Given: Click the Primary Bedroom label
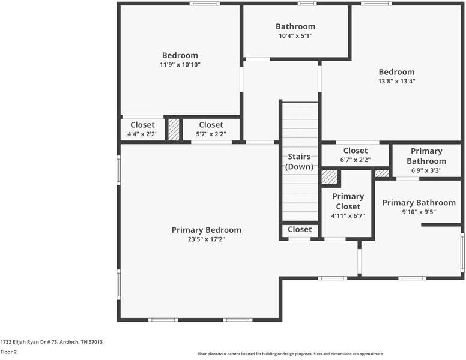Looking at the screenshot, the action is pyautogui.click(x=206, y=230).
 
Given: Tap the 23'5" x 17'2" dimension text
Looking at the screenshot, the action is pyautogui.click(x=206, y=239).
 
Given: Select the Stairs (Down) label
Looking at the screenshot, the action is pyautogui.click(x=299, y=161).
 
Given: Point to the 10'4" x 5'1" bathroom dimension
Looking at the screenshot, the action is pyautogui.click(x=295, y=36).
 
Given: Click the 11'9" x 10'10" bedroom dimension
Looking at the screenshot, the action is pyautogui.click(x=180, y=65).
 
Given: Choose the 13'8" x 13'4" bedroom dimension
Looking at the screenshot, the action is pyautogui.click(x=396, y=81).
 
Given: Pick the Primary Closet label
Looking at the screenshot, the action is pyautogui.click(x=348, y=202).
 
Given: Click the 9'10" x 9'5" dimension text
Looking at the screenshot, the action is pyautogui.click(x=419, y=212).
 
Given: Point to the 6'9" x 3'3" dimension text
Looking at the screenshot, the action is pyautogui.click(x=426, y=170).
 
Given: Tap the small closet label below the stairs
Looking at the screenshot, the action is pyautogui.click(x=300, y=229).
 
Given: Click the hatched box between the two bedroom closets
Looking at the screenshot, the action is pyautogui.click(x=174, y=130).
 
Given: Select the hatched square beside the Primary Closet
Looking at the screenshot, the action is pyautogui.click(x=330, y=177).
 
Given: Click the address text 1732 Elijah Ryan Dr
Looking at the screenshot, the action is pyautogui.click(x=29, y=342).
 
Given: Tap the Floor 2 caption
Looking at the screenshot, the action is pyautogui.click(x=8, y=352).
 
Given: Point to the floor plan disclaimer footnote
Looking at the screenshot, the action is pyautogui.click(x=291, y=354).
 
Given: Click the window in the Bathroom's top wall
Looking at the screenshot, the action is pyautogui.click(x=307, y=4).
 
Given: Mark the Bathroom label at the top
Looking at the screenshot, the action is pyautogui.click(x=295, y=26).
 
